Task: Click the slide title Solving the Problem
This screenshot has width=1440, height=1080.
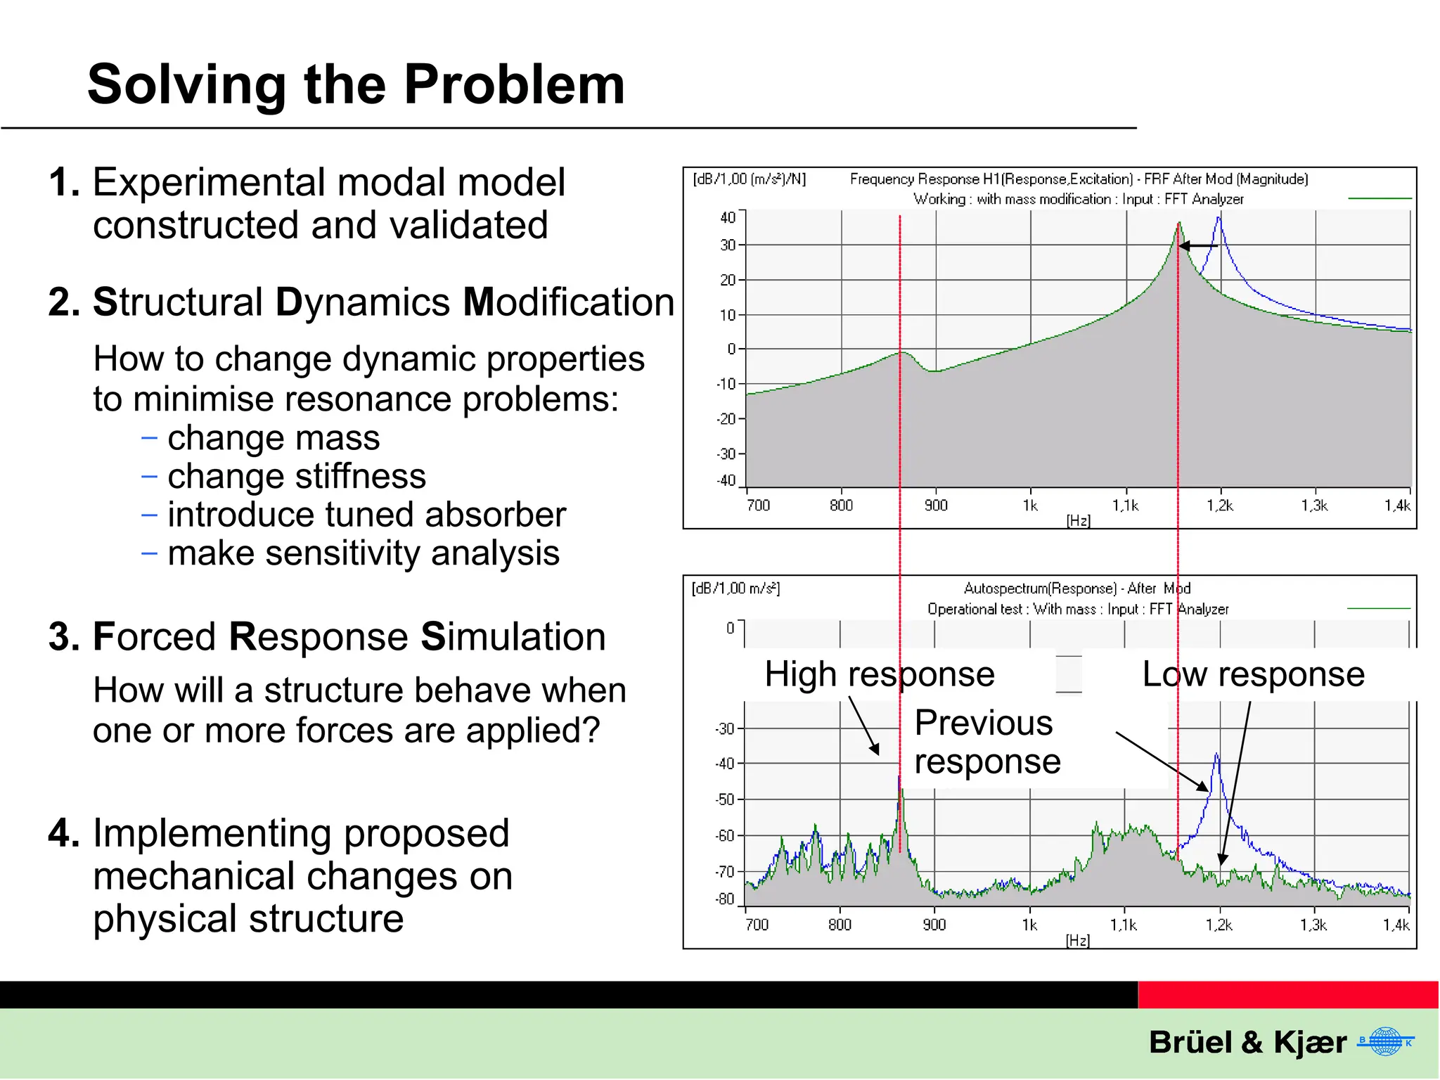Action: point(356,84)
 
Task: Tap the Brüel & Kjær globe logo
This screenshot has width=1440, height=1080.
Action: point(1385,1041)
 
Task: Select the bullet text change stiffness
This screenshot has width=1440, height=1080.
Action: point(296,476)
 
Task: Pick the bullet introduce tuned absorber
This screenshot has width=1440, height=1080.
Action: point(366,515)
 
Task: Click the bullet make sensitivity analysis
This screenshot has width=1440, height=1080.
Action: point(364,553)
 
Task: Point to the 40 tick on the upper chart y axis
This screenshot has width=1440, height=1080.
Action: point(727,218)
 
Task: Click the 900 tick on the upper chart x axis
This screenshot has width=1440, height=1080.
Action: point(936,505)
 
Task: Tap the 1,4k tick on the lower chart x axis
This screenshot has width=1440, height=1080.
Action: point(1396,925)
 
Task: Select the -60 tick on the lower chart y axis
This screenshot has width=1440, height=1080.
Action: point(724,836)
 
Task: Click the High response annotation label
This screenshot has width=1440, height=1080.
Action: point(879,674)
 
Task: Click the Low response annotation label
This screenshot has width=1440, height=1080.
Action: point(1253,674)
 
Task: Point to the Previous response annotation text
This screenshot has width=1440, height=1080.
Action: point(986,742)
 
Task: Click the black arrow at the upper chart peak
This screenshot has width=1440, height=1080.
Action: point(1197,246)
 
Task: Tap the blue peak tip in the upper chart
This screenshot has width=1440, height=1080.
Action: point(1219,219)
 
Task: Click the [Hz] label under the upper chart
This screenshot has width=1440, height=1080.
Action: point(1078,520)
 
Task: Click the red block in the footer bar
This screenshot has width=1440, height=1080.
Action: point(1287,995)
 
